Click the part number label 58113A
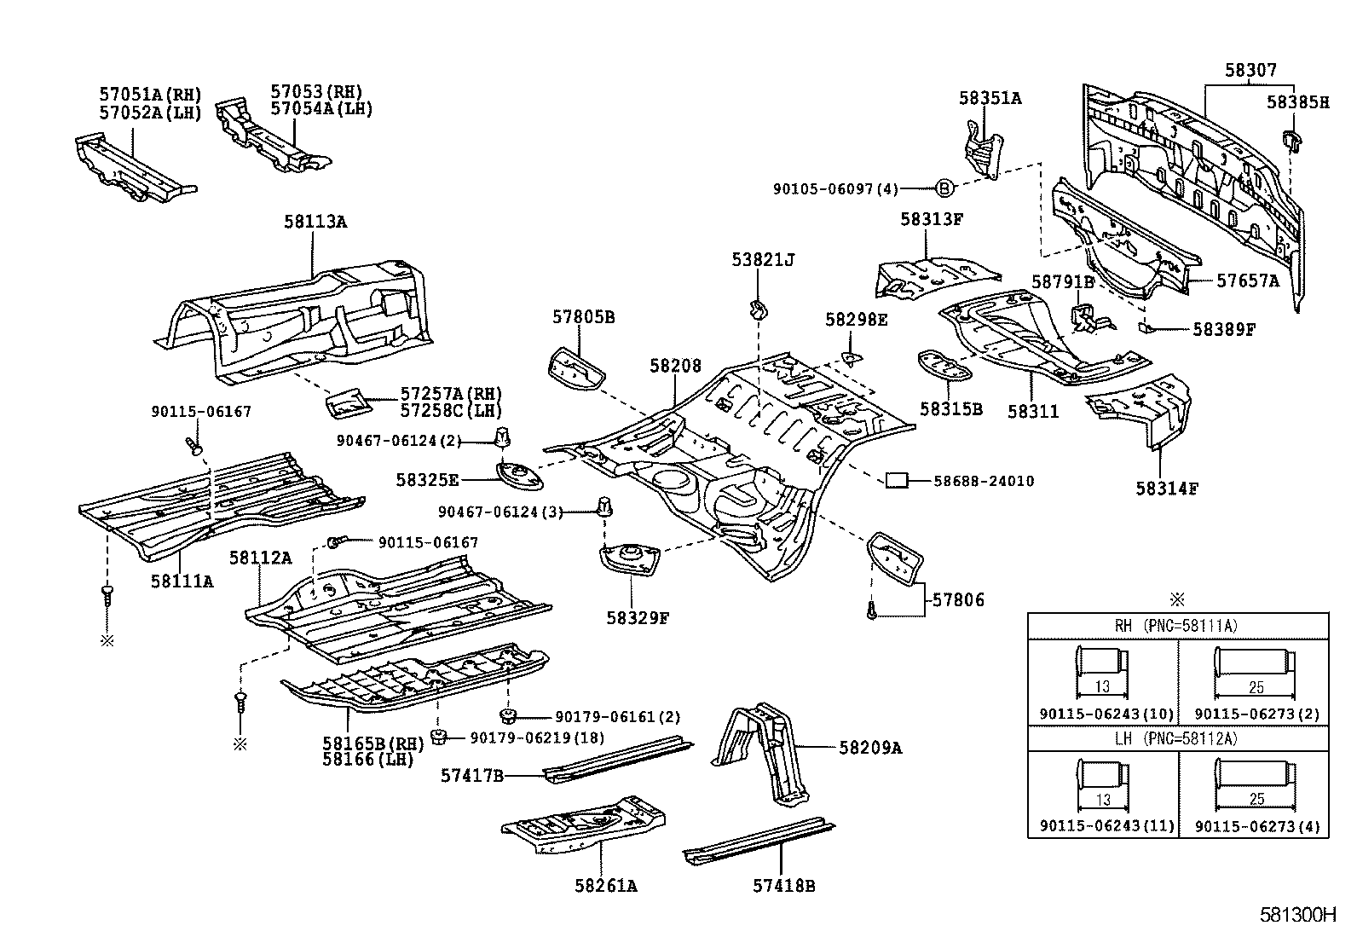315,222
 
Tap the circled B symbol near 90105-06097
944,188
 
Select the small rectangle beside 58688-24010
897,481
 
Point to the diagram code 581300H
1297,915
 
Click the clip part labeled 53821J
758,309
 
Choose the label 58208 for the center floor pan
675,366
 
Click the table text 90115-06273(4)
1257,826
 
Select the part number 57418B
784,886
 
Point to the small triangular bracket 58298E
852,357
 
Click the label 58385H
1297,102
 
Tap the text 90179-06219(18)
537,737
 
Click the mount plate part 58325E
520,476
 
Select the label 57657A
1248,281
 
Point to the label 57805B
583,317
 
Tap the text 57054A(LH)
321,109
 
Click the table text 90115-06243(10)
1106,714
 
